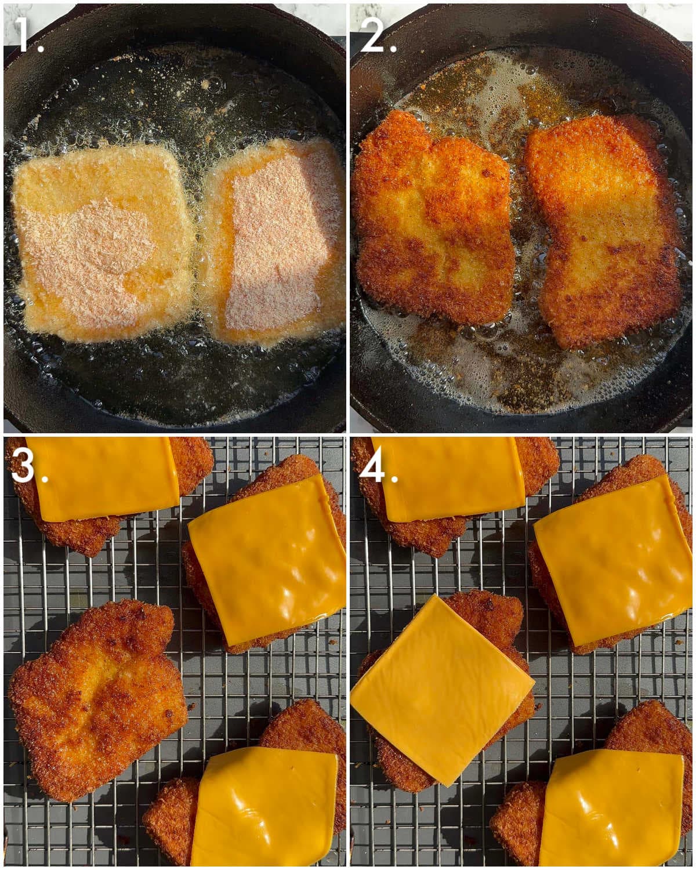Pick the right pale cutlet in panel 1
pyautogui.click(x=275, y=238)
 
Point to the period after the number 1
pyautogui.click(x=41, y=49)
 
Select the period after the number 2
pyautogui.click(x=393, y=49)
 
